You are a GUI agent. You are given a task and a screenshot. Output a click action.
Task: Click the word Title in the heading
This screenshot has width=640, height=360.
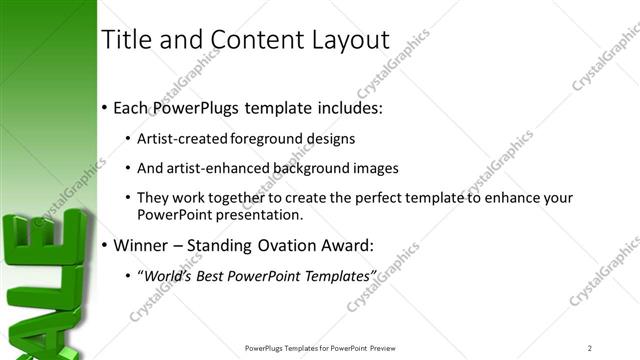pos(126,40)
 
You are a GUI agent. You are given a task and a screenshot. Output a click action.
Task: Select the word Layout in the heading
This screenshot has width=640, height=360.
pos(350,40)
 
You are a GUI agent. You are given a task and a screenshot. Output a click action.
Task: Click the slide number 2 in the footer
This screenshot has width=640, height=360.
pos(589,347)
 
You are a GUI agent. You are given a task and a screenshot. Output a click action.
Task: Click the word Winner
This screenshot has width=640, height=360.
pos(142,244)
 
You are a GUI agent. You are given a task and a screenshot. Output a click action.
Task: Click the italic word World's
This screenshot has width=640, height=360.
pos(165,275)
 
